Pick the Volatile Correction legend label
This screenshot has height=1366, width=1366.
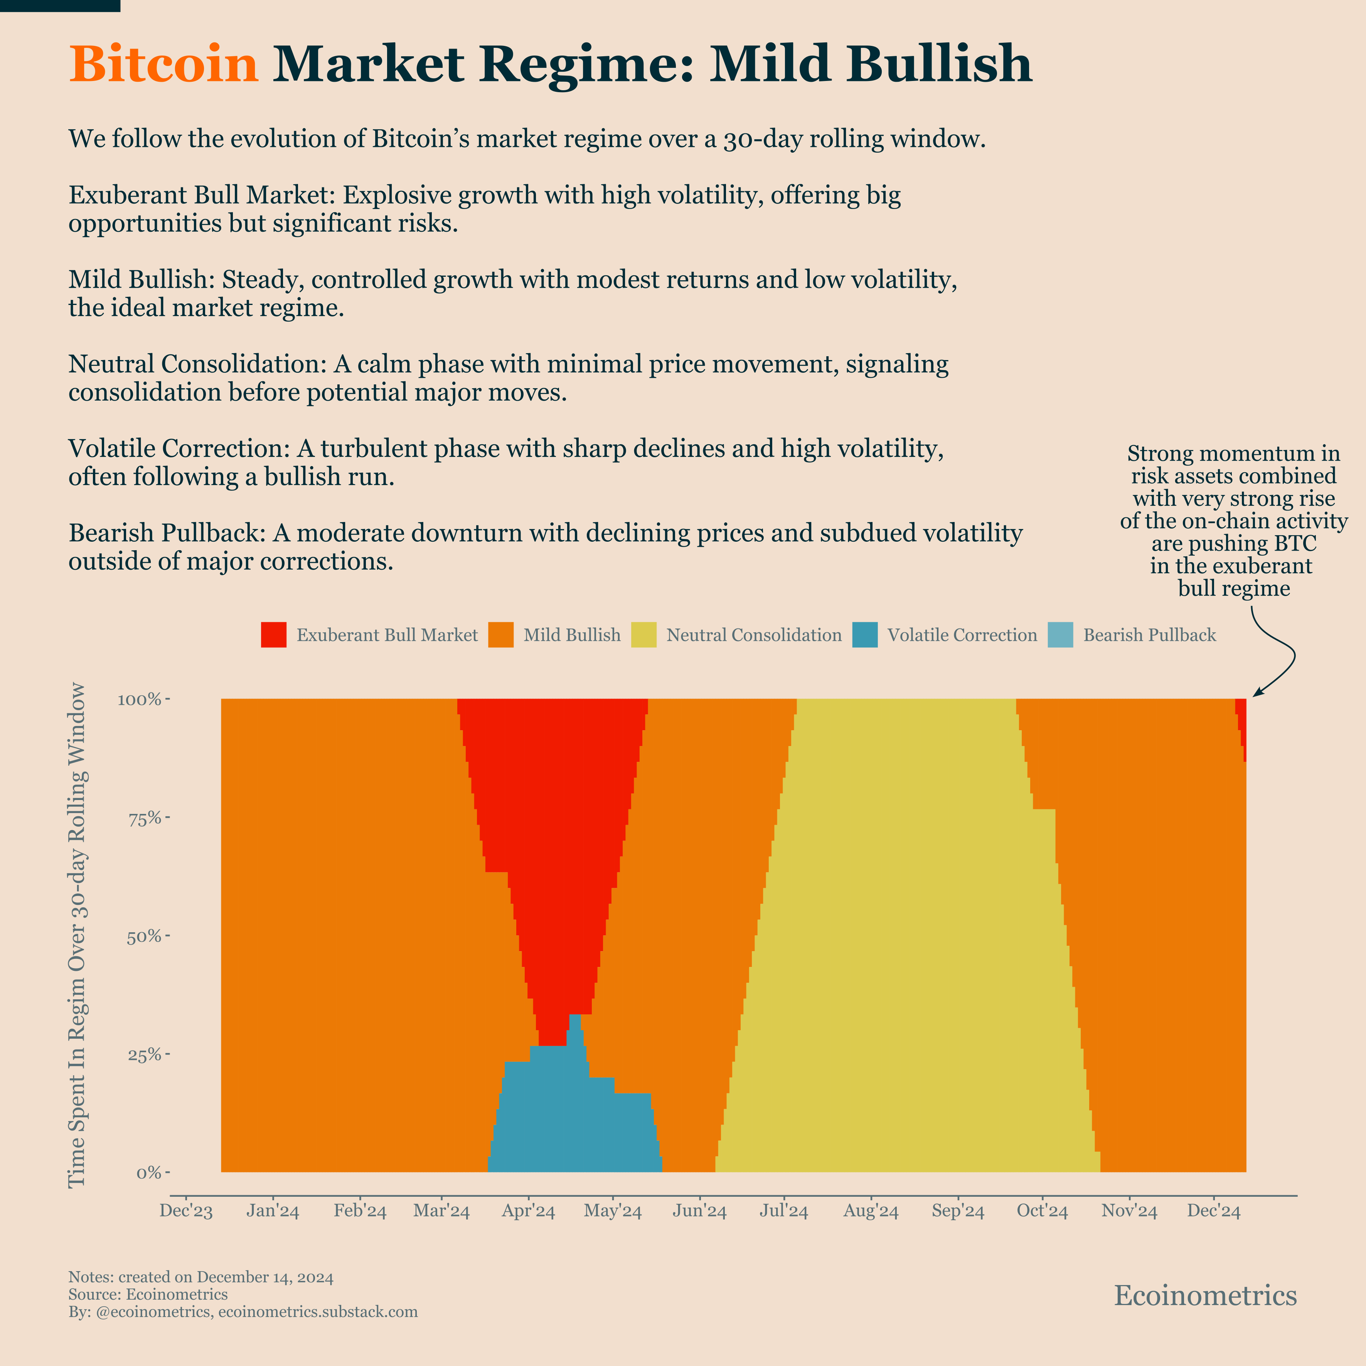[962, 635]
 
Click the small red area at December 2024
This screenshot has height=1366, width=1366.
[1241, 714]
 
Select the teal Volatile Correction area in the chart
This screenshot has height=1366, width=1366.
[573, 1117]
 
